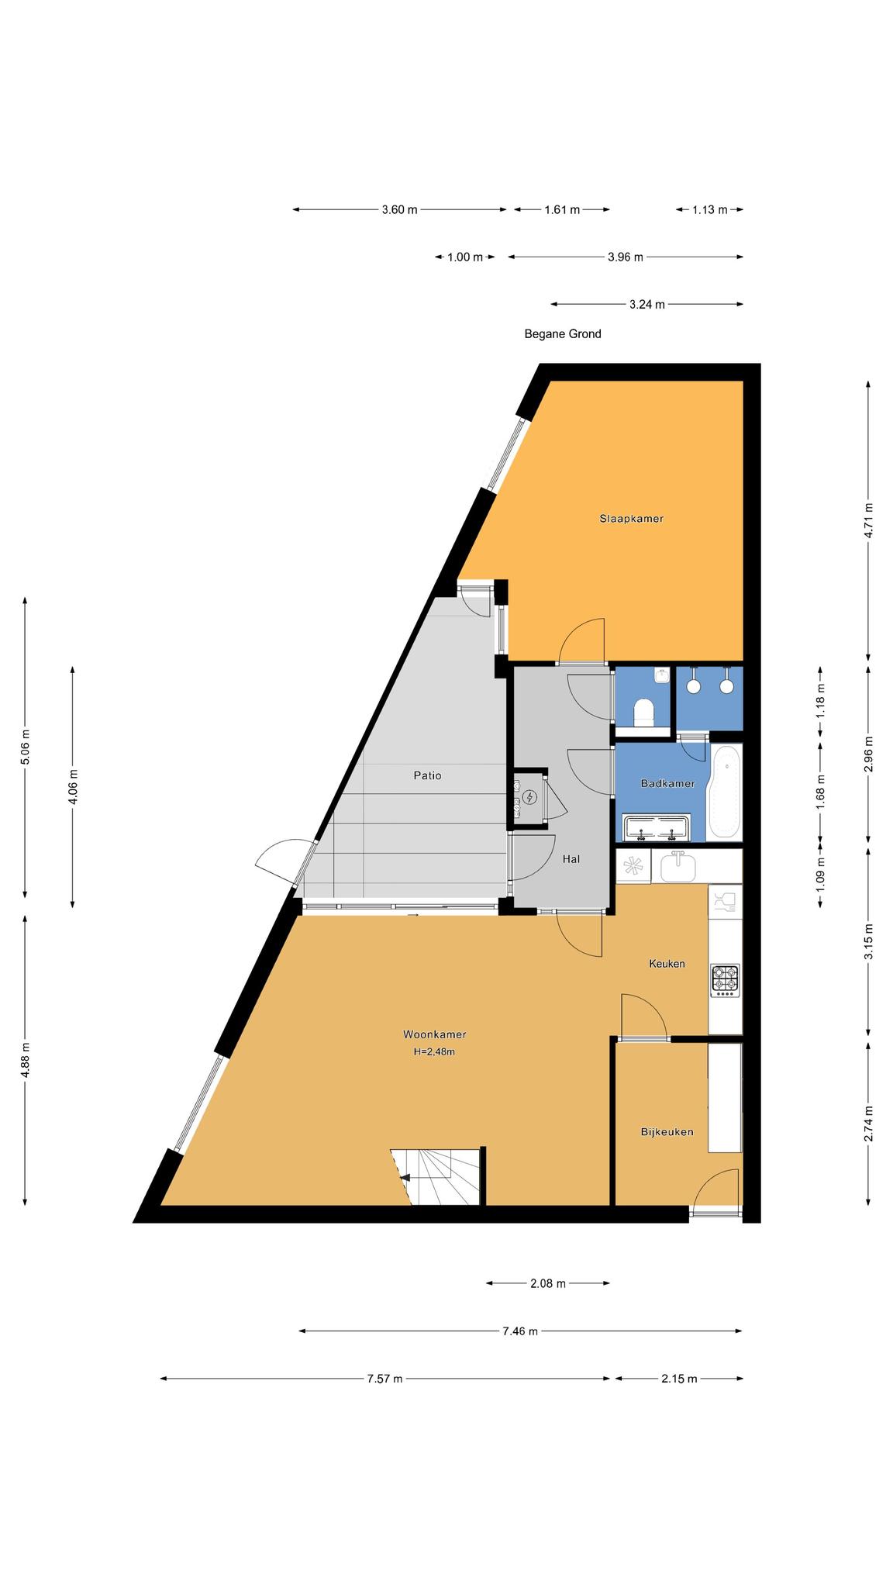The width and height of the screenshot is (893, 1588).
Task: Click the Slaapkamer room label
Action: [x=631, y=519]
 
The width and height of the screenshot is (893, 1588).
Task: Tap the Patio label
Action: [x=427, y=775]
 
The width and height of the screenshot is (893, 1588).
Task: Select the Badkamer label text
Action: [x=667, y=784]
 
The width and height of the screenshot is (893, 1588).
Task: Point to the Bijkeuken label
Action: [x=667, y=1132]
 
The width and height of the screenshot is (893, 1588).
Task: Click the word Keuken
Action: [x=667, y=964]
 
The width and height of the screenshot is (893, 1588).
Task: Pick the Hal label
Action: [x=571, y=859]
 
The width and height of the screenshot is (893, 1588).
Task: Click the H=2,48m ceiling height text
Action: [x=434, y=1052]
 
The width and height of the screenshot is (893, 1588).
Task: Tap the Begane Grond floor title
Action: [x=563, y=334]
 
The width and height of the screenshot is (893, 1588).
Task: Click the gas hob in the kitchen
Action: [x=725, y=980]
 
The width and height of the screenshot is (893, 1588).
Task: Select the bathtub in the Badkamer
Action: [x=725, y=792]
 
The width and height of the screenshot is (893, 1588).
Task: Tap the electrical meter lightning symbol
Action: [x=530, y=796]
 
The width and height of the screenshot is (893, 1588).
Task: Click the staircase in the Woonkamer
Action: [x=436, y=1177]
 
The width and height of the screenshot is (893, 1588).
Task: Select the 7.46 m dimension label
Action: [x=520, y=1331]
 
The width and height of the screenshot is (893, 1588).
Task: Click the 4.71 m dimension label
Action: [x=868, y=520]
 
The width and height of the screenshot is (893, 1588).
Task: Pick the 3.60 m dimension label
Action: [x=399, y=209]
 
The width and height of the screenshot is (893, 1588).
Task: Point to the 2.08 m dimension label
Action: [x=548, y=1283]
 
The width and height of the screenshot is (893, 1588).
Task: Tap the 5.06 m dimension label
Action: [x=25, y=747]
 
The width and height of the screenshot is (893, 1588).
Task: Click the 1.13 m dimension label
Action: [x=709, y=209]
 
